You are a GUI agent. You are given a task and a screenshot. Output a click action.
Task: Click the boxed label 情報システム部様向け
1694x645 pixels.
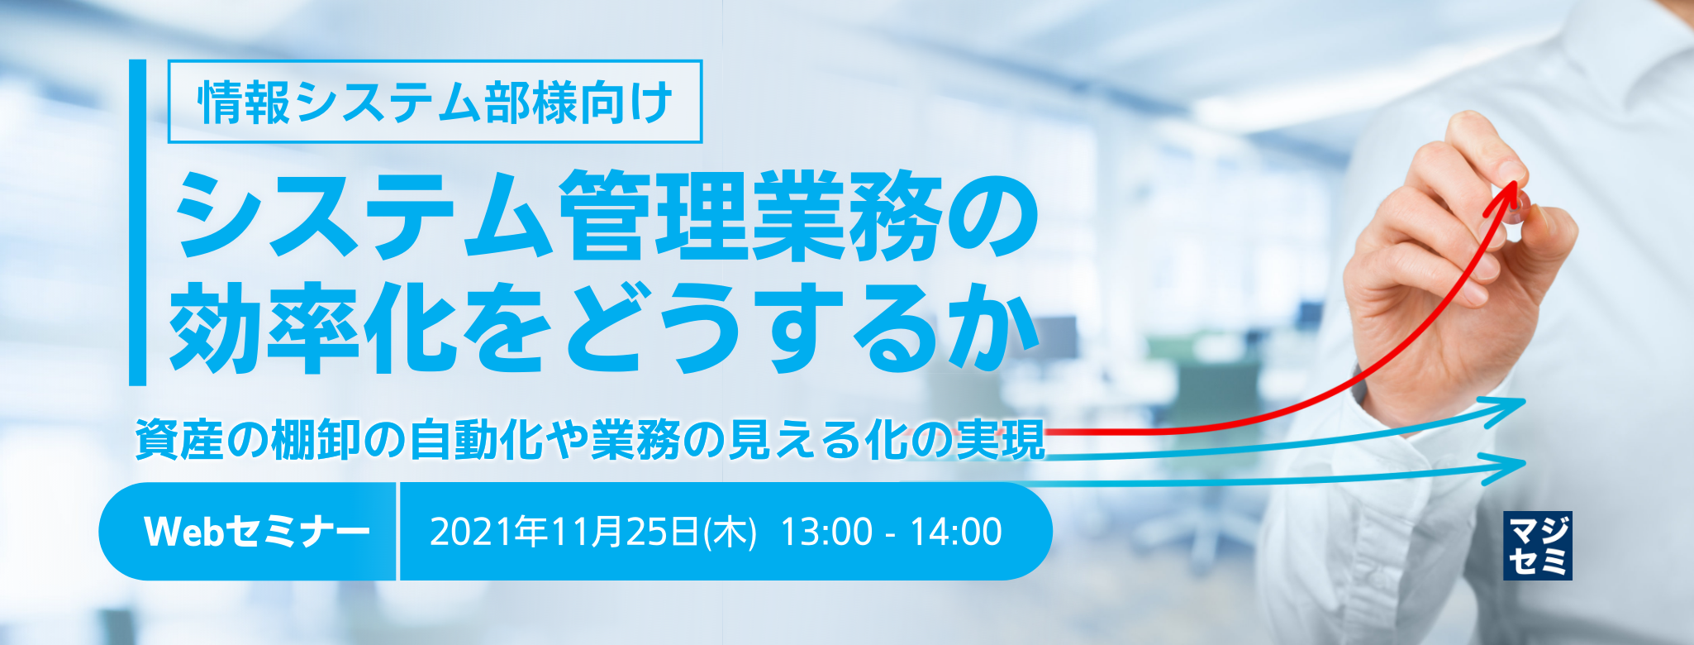point(435,102)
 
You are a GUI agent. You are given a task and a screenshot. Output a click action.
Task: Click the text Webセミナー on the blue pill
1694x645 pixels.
point(256,532)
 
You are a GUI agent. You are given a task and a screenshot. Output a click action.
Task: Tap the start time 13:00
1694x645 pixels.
point(826,532)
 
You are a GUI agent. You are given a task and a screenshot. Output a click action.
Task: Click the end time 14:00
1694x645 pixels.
point(956,532)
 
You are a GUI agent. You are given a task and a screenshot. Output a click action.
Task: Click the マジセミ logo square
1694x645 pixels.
point(1537,546)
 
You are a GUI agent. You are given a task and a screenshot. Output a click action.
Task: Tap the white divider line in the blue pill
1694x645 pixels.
point(398,532)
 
